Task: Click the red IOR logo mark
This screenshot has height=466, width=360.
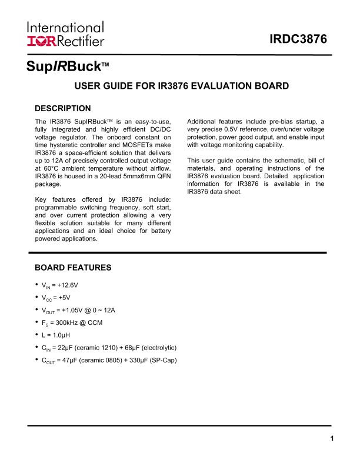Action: (40, 41)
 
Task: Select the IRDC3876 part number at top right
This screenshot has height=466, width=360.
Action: (298, 40)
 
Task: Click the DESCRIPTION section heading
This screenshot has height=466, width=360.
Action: (63, 108)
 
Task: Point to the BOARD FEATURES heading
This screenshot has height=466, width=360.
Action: (73, 267)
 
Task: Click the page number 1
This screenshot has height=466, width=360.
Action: (332, 438)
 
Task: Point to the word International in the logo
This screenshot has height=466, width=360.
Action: (65, 28)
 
